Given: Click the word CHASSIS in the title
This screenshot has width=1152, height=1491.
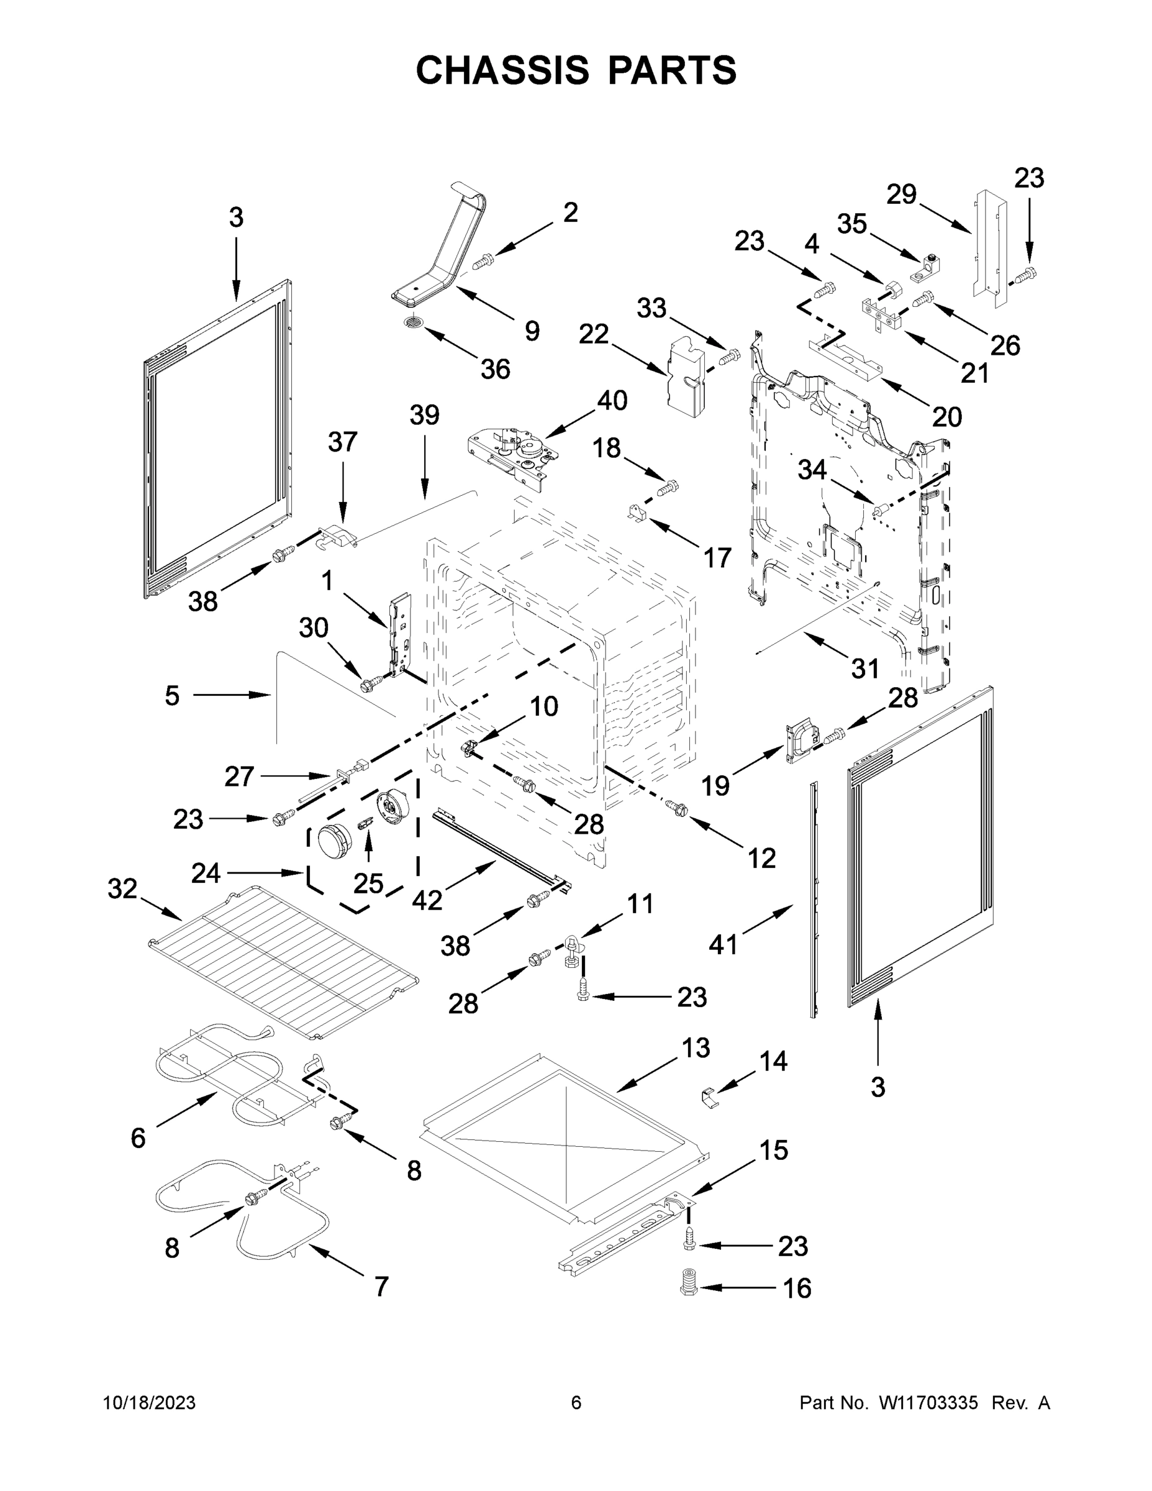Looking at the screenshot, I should coord(502,70).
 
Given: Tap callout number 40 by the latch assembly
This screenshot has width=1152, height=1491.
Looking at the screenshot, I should coord(612,401).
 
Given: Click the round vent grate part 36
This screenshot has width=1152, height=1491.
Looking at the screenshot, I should coord(414,322).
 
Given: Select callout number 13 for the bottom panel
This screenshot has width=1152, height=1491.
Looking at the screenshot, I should coord(696,1048).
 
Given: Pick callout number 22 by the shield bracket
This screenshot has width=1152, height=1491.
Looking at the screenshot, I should coord(593,334).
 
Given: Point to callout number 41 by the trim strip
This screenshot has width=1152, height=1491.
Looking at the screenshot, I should coord(723,945).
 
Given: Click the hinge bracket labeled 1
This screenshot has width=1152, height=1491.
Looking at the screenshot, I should coord(401,635).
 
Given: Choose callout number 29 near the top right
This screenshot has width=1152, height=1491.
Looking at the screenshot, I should coord(901,194).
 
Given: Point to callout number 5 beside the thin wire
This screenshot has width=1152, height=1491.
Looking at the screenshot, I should coord(172,696).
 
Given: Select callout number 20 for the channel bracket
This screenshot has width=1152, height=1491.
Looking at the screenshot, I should coord(946,416).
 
